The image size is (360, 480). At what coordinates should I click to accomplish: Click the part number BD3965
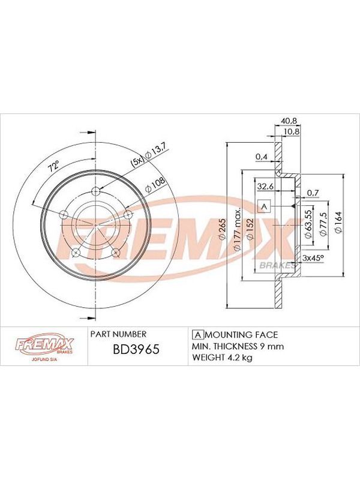tap(136, 349)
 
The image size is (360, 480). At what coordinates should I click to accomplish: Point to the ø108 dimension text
tap(155, 185)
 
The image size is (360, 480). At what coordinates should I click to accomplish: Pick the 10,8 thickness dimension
tap(292, 131)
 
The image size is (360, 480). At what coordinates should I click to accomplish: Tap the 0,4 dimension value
tap(261, 157)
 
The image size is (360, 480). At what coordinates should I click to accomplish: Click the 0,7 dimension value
tap(313, 193)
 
